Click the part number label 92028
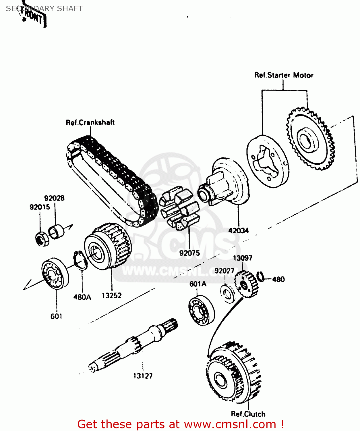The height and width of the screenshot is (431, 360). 54,198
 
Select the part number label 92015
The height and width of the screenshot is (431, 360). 40,207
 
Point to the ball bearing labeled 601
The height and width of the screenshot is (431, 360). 55,273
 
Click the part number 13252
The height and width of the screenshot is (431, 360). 112,295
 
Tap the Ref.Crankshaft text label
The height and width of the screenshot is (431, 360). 90,122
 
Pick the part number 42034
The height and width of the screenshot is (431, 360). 238,230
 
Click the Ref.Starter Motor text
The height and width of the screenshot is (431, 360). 284,75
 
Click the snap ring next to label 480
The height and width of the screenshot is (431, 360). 260,276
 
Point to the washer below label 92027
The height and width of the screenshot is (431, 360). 228,293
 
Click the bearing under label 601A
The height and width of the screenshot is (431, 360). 202,310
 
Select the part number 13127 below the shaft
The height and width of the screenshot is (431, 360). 143,376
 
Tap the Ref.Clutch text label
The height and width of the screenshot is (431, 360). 248,414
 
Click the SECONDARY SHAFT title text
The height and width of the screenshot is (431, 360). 44,9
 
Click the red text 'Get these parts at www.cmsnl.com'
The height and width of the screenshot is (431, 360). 181,424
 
